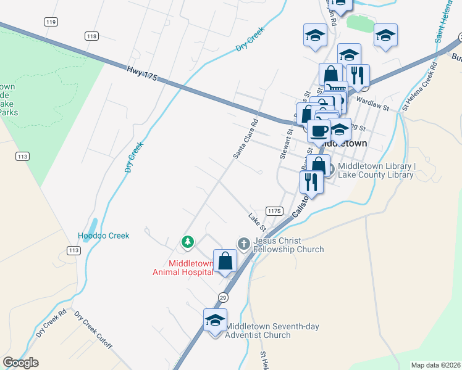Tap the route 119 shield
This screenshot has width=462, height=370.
point(51,22)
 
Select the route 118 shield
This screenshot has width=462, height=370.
point(92,36)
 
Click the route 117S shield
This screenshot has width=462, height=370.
point(274,210)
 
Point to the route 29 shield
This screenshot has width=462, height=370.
point(222,297)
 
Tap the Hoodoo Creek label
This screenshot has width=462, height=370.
point(103,236)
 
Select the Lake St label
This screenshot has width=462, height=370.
point(256,219)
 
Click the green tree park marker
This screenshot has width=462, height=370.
point(188,242)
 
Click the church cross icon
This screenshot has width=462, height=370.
point(243,244)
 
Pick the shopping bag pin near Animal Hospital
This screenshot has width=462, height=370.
point(225,261)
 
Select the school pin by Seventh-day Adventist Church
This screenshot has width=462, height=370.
point(215,321)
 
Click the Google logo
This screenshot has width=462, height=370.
point(20,362)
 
